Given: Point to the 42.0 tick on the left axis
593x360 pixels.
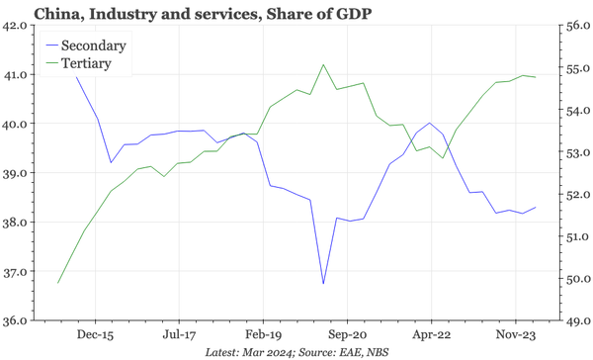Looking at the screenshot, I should (x=16, y=27).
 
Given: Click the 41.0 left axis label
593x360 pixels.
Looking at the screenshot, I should (x=16, y=75).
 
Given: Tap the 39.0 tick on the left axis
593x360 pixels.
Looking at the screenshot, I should (x=16, y=173).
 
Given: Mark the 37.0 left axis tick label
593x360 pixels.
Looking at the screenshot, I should (x=16, y=271).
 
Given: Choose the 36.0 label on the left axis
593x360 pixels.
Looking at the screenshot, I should (x=16, y=320).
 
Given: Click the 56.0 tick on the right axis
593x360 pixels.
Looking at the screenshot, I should (x=576, y=27).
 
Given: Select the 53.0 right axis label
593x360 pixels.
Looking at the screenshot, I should (x=576, y=152).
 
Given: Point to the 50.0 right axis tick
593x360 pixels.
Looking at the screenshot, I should (x=576, y=279).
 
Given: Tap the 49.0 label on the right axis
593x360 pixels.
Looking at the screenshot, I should (x=576, y=320).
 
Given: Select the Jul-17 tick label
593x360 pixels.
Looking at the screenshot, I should (x=179, y=334).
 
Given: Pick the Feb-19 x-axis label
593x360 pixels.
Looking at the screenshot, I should (x=264, y=334).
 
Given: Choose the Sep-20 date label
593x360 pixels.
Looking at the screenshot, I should (x=348, y=334).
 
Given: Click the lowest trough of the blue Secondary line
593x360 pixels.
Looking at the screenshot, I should (x=323, y=284).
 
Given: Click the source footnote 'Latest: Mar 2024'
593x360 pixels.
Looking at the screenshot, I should (x=252, y=351).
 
